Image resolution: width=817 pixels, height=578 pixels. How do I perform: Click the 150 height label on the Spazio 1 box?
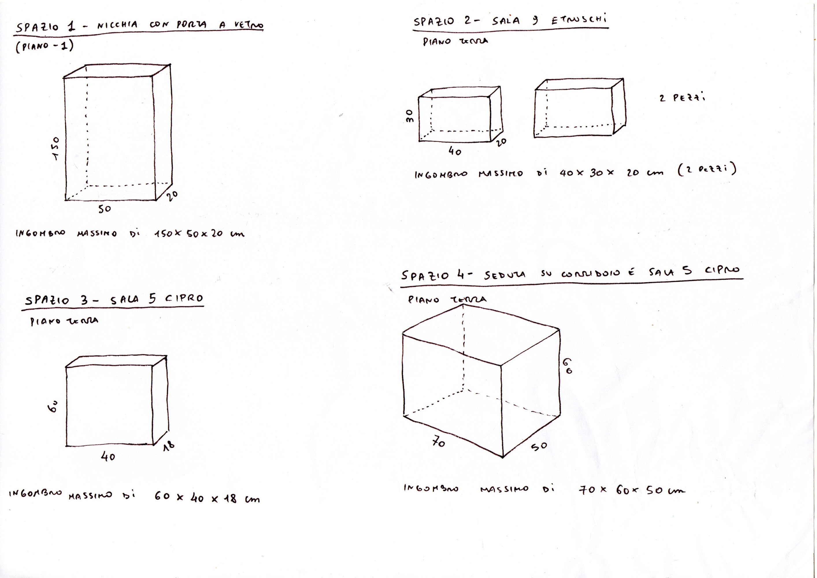[x=56, y=149]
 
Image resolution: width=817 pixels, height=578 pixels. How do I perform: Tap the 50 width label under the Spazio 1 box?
[x=104, y=209]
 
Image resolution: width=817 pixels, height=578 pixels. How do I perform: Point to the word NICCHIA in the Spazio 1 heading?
[x=117, y=25]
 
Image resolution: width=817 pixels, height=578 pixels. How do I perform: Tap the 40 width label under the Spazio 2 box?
[x=455, y=152]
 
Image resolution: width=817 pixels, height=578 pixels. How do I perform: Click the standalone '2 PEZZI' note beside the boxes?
[x=682, y=98]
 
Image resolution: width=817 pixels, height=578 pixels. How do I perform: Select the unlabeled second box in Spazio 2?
[x=579, y=109]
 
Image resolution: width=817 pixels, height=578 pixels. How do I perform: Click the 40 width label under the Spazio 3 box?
[x=108, y=457]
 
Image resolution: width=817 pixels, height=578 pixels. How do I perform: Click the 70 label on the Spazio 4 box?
[x=438, y=442]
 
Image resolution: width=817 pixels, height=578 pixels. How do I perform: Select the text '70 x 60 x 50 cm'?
[x=631, y=490]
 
